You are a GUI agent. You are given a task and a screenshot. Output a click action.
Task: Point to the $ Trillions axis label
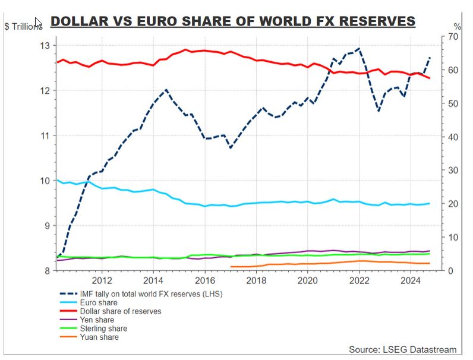[24, 27]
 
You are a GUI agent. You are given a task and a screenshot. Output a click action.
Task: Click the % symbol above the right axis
[457, 27]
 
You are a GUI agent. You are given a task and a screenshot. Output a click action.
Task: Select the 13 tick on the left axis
[45, 46]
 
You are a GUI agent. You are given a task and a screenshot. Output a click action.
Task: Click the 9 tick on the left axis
[48, 226]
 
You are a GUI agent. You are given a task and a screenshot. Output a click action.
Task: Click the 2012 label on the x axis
[102, 280]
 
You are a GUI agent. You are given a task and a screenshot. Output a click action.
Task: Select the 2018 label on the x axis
[256, 280]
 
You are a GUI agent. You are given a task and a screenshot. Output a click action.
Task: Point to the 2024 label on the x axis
[410, 280]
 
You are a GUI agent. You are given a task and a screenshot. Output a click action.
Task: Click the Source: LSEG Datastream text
[403, 350]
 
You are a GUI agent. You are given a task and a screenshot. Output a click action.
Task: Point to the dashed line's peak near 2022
[358, 49]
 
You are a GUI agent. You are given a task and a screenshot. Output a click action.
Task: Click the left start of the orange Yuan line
[231, 266]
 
